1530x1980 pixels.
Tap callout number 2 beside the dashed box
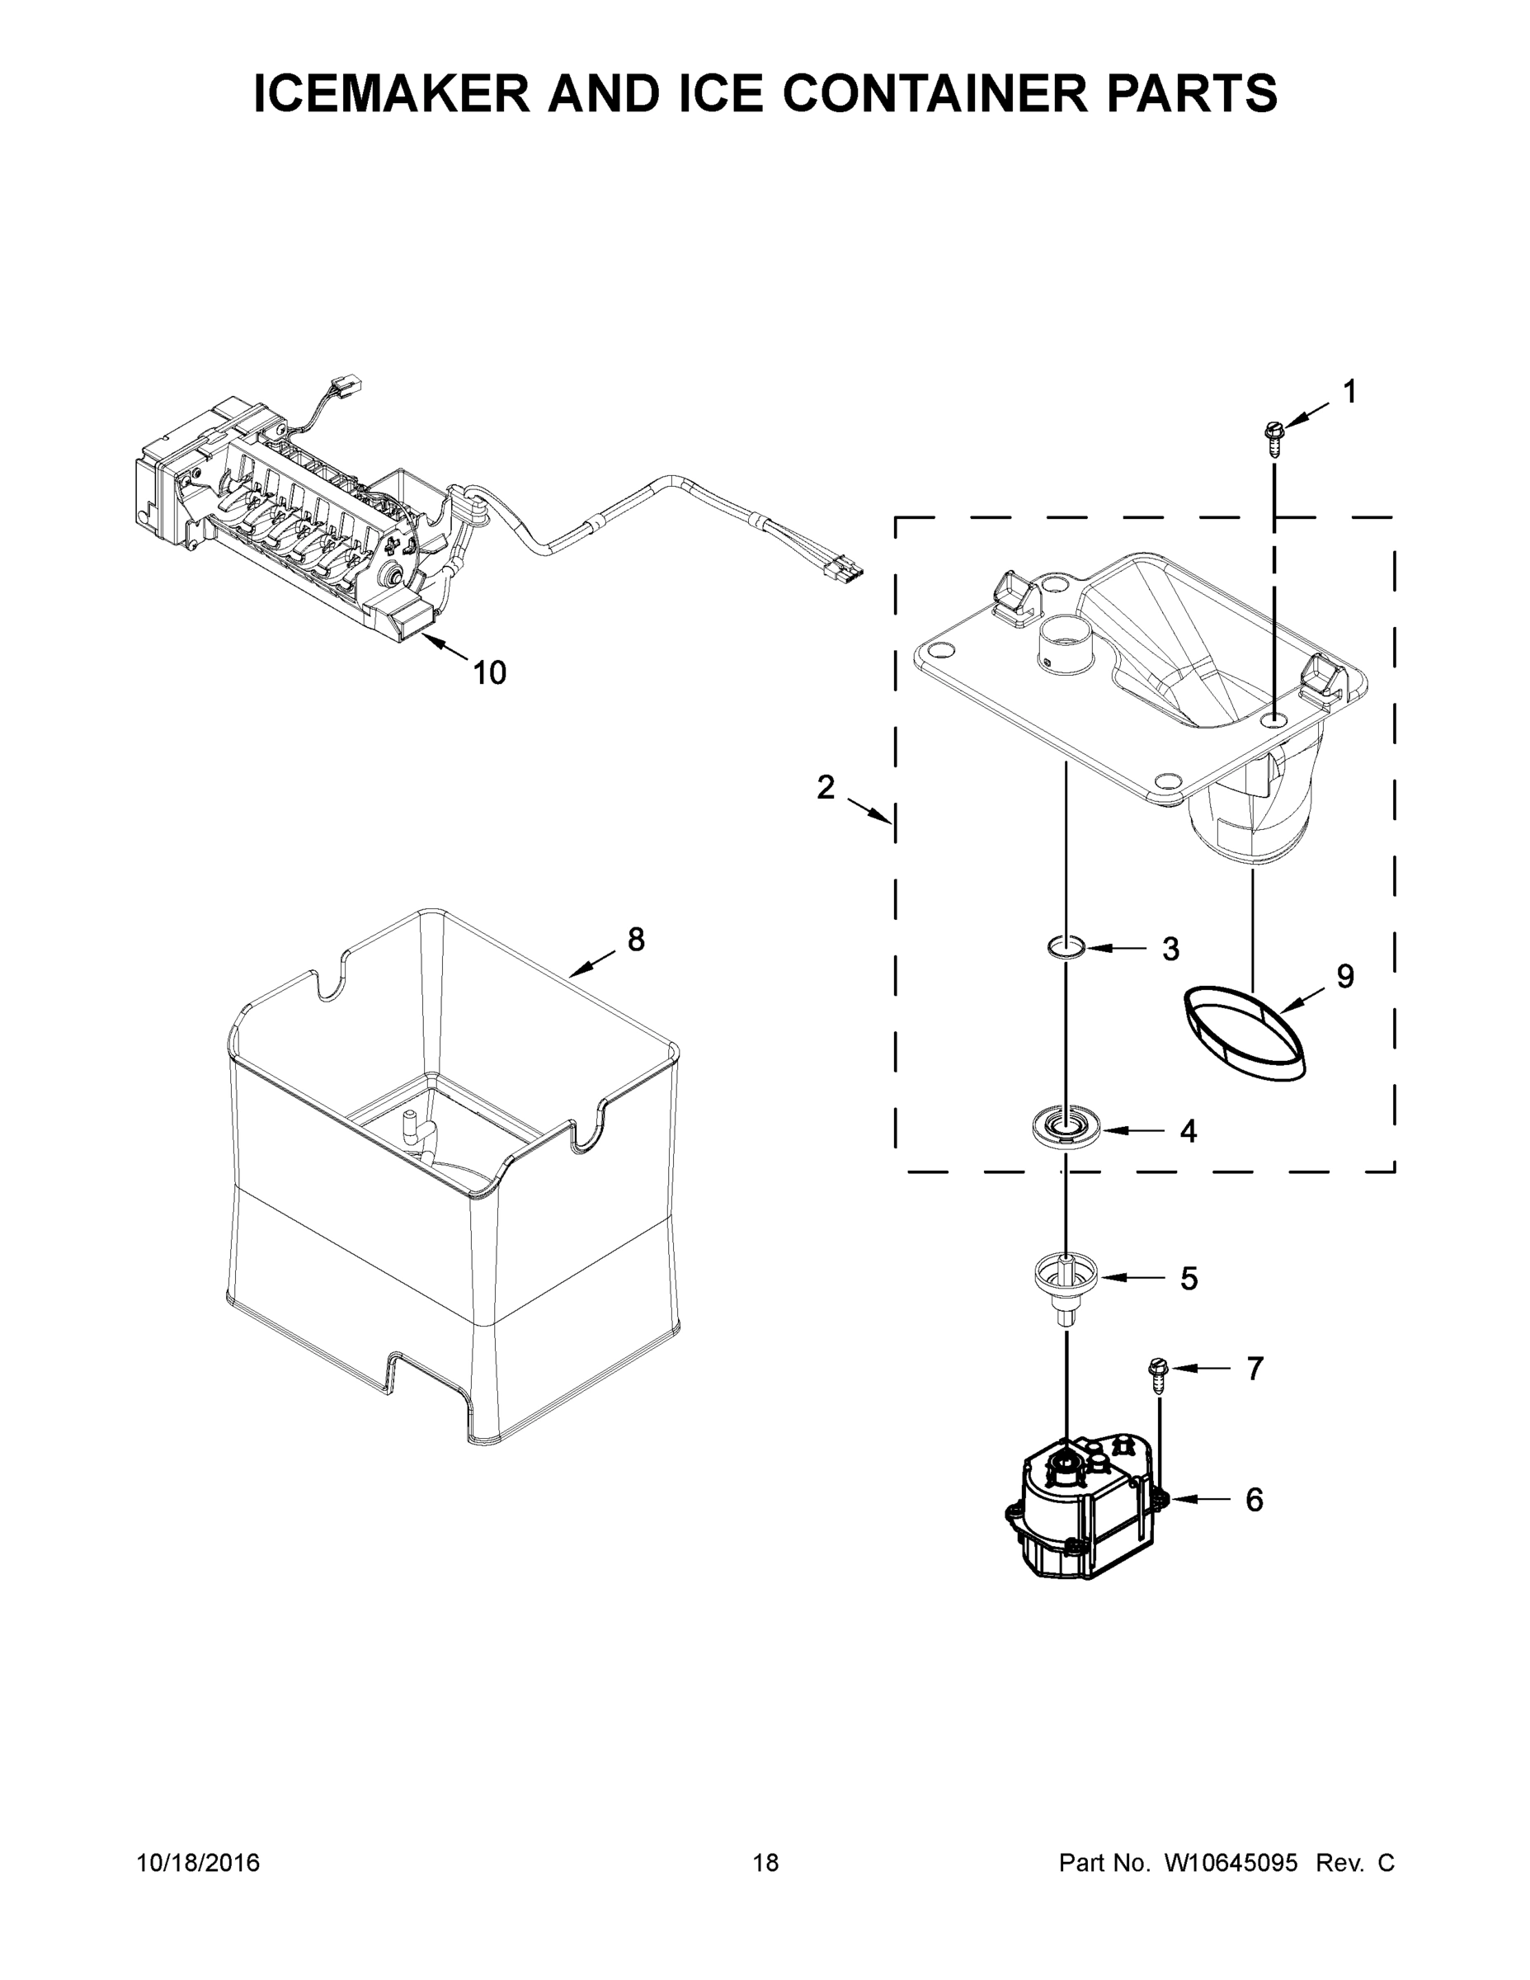coord(825,788)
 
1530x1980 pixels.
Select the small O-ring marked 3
coord(1066,948)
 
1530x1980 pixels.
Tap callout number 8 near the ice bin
coord(636,940)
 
